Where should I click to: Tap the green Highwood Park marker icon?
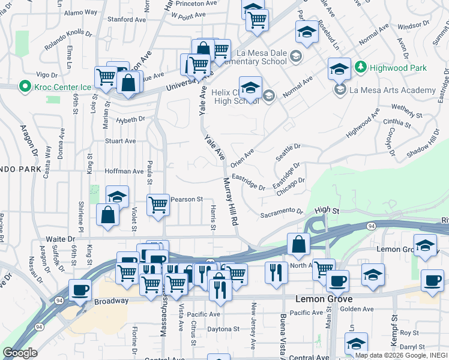(361, 67)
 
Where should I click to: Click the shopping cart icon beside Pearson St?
(158, 205)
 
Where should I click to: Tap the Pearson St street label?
(187, 199)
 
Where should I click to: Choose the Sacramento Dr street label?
(282, 212)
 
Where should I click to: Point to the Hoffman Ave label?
(124, 172)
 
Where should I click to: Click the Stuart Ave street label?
(121, 142)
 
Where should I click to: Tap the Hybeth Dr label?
(131, 119)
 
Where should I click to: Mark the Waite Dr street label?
(52, 238)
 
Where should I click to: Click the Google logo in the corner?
(20, 353)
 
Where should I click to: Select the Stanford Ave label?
(120, 19)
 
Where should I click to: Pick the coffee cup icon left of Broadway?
(80, 290)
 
